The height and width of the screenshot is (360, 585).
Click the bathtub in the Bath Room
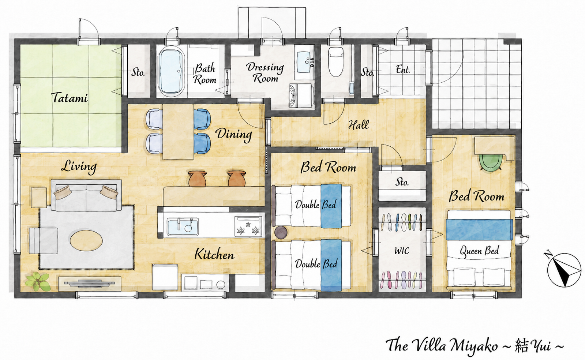[172, 72]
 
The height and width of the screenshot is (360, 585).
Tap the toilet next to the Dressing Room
[335, 61]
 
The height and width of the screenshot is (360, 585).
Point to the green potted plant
[38, 282]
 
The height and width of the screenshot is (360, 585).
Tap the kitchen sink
[183, 226]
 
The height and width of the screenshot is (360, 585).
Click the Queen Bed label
[479, 251]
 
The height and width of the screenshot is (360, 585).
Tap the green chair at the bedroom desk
[491, 162]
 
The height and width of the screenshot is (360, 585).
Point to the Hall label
[359, 125]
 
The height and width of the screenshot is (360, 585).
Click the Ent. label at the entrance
[403, 69]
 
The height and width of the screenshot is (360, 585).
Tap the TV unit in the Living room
[90, 284]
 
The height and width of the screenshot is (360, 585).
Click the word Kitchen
[214, 255]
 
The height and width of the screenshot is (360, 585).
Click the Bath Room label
[206, 74]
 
